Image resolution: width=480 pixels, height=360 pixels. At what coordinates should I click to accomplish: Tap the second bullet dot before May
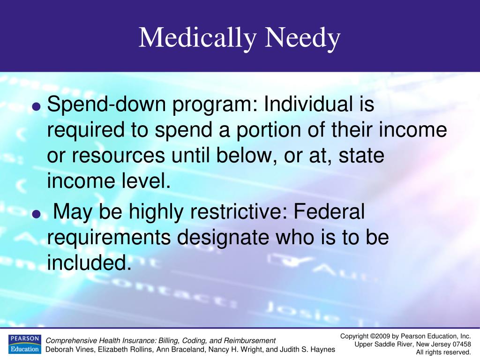(37, 214)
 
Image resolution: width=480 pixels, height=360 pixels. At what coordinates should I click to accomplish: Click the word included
(88, 262)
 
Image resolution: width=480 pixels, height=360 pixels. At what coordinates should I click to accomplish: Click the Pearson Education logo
(24, 344)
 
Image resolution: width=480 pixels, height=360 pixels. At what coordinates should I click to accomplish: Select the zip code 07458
(461, 344)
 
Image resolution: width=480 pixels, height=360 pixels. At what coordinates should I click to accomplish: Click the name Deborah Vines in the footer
(70, 349)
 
